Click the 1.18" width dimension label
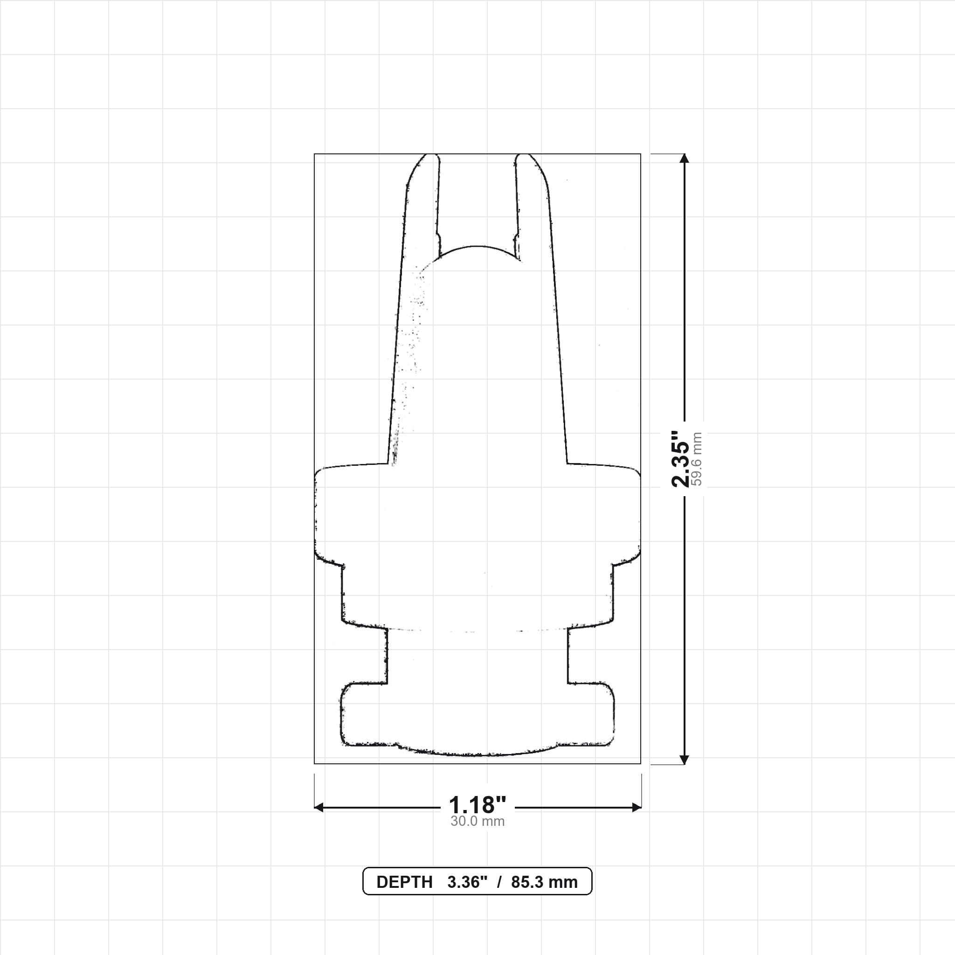coord(477,805)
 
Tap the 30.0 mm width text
coord(477,822)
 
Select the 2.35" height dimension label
coord(680,459)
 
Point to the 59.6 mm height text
coord(697,459)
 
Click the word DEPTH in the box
coord(404,882)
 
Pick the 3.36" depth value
coord(467,882)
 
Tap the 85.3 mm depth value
coord(544,882)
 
